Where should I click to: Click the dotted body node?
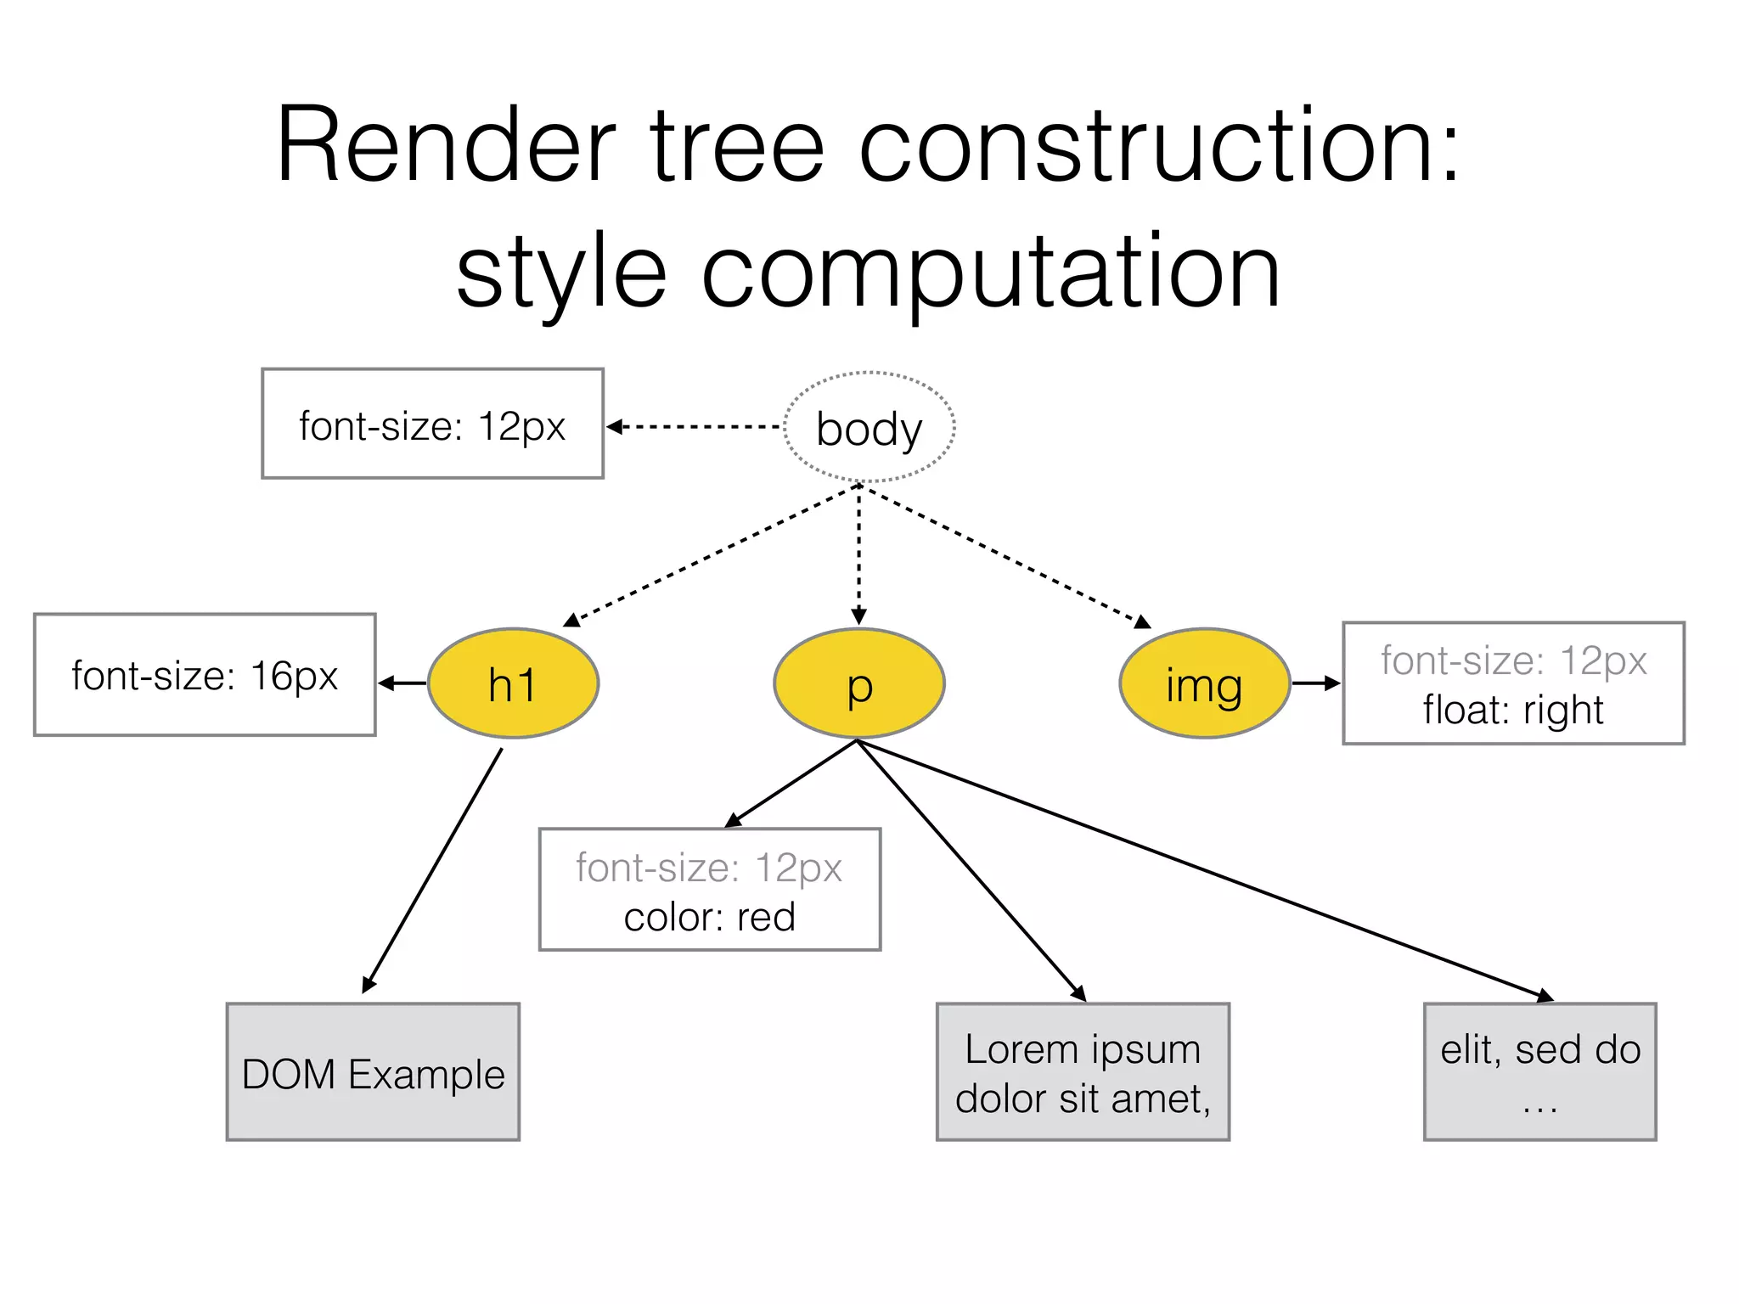tap(869, 427)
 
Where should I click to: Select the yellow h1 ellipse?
tap(513, 683)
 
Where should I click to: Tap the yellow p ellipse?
tap(858, 683)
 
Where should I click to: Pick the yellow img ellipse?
tap(1204, 683)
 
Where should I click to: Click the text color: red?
tap(709, 917)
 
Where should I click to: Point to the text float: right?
tap(1512, 710)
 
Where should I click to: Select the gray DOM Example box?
tap(373, 1072)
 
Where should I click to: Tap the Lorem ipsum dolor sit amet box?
tap(1083, 1072)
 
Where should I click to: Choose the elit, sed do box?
tap(1539, 1072)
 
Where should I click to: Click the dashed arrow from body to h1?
tap(713, 554)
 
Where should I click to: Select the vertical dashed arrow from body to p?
tap(858, 552)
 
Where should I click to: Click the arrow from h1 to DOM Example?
tap(432, 870)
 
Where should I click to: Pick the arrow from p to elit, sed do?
tap(1206, 868)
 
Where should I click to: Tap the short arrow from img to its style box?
tap(1314, 683)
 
